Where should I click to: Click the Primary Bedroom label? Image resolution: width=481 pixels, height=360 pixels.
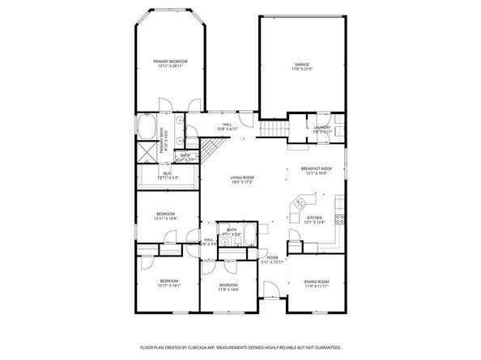[x=171, y=64]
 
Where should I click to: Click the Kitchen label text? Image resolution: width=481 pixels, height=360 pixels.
[x=314, y=220]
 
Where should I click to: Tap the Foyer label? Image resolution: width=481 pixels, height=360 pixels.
[x=273, y=260]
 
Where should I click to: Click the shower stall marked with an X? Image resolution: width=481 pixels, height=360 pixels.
[x=147, y=151]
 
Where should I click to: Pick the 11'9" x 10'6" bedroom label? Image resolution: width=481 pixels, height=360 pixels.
[x=228, y=287]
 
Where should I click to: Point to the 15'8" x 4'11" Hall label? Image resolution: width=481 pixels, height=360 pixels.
[x=228, y=126]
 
